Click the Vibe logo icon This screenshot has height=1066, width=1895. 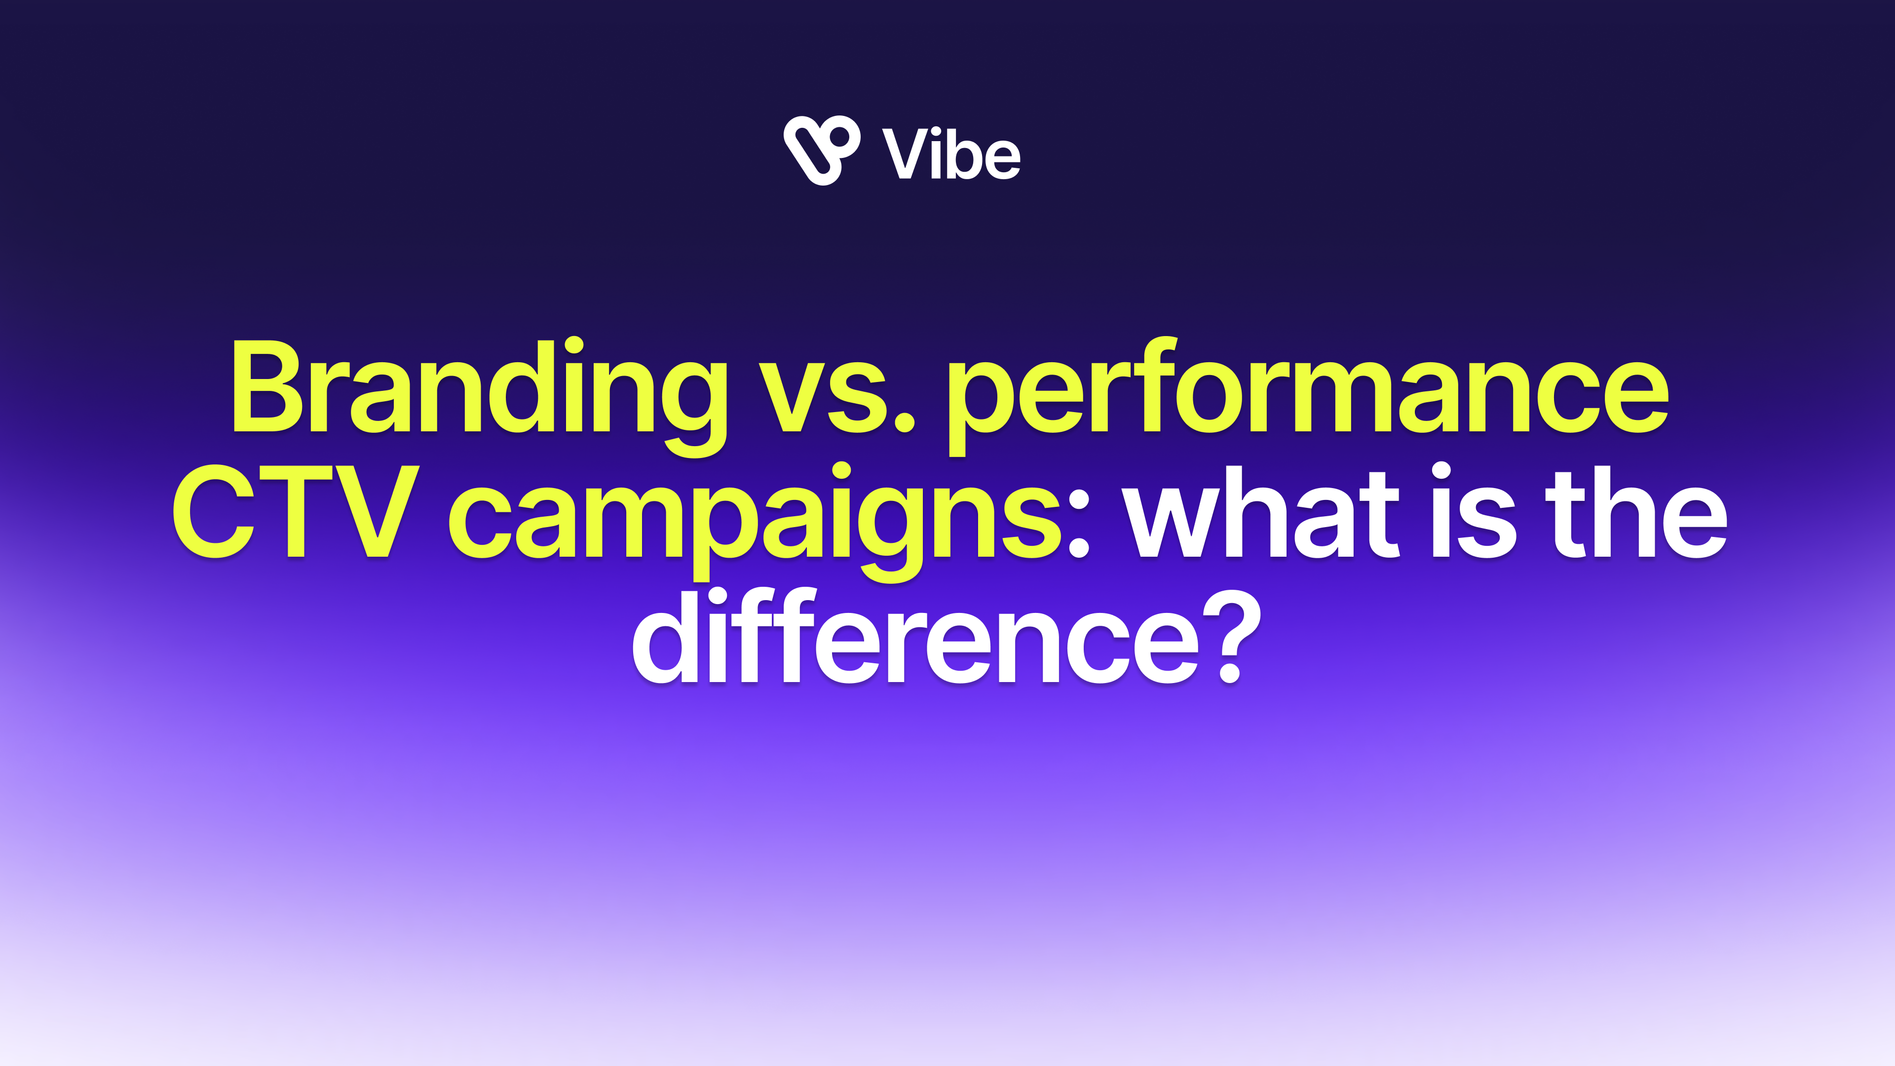[822, 150]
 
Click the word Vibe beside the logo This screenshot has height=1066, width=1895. [951, 153]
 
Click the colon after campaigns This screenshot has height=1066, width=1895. [1078, 522]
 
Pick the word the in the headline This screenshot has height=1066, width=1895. [1636, 511]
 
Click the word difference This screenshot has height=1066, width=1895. [916, 636]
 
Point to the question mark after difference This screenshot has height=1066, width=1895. [1231, 636]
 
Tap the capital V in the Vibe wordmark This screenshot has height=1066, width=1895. [907, 153]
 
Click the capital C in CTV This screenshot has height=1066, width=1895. [213, 511]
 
